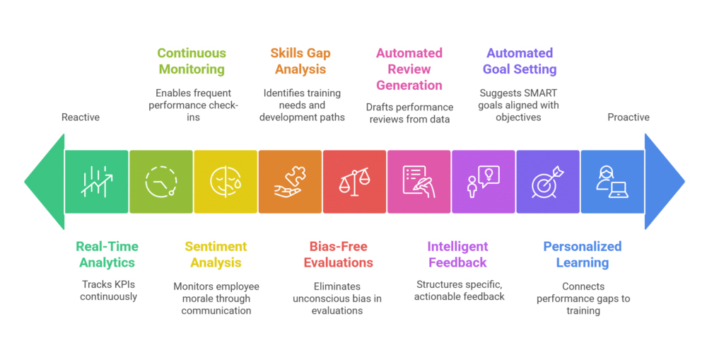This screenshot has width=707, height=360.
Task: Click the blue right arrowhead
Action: coord(663,181)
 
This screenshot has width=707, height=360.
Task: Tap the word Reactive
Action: coord(81,117)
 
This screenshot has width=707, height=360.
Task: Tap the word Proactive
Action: coord(629,117)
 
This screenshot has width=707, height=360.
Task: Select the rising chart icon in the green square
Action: coord(96,182)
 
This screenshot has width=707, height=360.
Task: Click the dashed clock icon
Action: coord(161,182)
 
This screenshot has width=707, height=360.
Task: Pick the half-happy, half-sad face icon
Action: coord(226,182)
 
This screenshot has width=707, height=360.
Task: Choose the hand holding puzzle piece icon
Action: coord(290,182)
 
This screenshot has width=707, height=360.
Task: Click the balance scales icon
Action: coord(354,182)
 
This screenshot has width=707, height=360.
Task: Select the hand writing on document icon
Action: coord(419,182)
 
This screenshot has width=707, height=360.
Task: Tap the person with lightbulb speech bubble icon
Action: coord(484,182)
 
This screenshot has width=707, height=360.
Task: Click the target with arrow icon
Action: coord(548,182)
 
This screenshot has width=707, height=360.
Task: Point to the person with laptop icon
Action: coord(612,182)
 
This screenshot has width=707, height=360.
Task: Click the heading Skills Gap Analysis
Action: coord(300,61)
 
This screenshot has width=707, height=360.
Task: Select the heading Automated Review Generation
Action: coord(409,69)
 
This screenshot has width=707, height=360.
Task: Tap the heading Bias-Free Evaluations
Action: coord(339,255)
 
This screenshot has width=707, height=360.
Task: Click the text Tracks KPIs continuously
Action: coord(109,291)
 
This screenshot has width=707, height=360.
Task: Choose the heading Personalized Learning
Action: coord(583,255)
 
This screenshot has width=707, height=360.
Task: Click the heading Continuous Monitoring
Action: coord(192,61)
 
